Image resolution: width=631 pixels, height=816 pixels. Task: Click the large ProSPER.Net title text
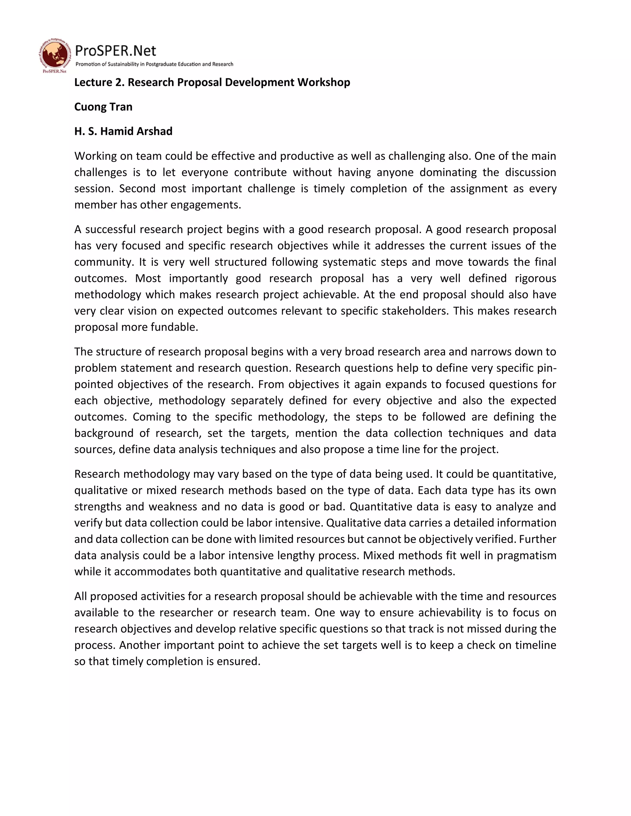[116, 51]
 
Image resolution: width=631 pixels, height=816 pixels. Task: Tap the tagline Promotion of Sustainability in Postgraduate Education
[154, 64]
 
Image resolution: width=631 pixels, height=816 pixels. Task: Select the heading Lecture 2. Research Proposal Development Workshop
[212, 82]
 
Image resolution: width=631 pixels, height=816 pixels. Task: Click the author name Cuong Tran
[103, 107]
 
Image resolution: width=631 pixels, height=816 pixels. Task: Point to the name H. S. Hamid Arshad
[123, 131]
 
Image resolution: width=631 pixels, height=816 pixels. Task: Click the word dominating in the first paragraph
[448, 172]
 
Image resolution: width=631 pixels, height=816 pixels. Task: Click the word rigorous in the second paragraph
[535, 278]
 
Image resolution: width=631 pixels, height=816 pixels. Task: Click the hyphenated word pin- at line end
[547, 368]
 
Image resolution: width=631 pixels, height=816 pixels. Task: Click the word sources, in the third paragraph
[95, 450]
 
